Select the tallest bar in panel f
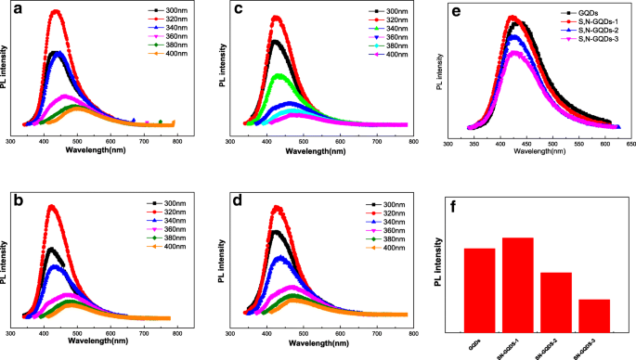coord(517,284)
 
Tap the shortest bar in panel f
coord(593,315)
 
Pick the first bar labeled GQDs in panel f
coord(479,289)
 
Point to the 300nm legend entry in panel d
coord(380,203)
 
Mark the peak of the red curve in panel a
coord(57,11)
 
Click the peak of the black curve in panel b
coord(52,249)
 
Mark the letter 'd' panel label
coord(240,198)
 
